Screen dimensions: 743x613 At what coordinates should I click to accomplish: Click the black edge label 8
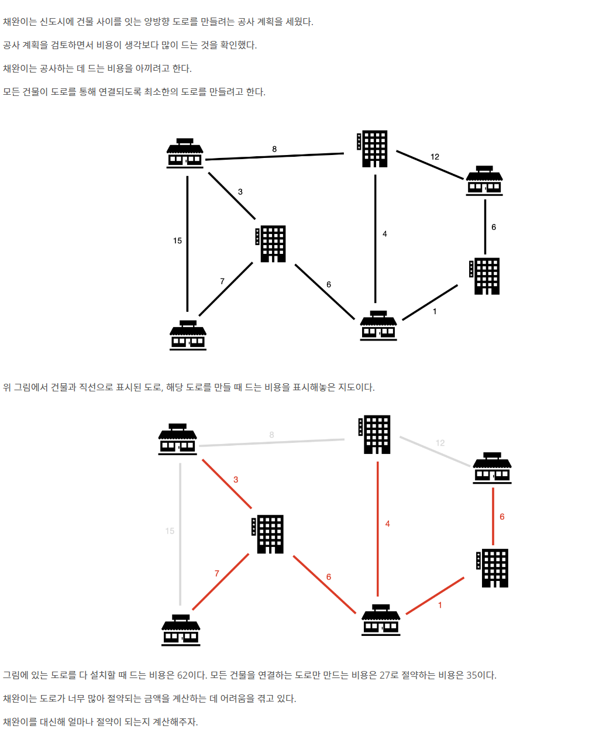(274, 149)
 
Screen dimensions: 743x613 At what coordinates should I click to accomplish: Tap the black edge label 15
(177, 240)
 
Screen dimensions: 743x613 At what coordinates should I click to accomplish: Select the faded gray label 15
(170, 531)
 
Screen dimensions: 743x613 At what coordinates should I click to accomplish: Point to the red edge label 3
(236, 480)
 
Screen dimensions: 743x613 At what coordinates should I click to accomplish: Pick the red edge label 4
(387, 524)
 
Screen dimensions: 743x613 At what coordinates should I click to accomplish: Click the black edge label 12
(435, 157)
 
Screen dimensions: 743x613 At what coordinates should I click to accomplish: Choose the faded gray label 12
(440, 443)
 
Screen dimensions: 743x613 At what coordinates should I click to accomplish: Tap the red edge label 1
(440, 605)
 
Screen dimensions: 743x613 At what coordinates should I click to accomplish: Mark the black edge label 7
(222, 281)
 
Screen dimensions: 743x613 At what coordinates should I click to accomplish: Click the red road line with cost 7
(221, 582)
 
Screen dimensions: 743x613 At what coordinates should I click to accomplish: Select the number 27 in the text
(385, 675)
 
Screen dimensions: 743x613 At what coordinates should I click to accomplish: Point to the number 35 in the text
(472, 675)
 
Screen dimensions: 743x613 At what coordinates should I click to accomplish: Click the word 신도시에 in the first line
(57, 22)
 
